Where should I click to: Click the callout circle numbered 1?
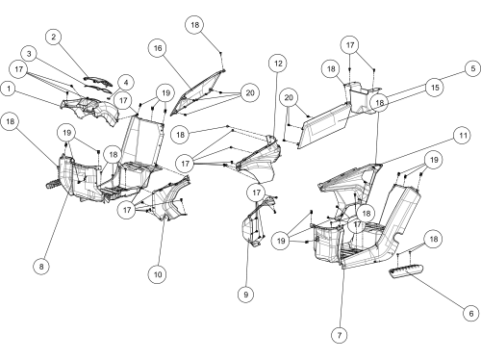pyautogui.click(x=9, y=89)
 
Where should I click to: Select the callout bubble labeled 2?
pyautogui.click(x=54, y=37)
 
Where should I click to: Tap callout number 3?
pyautogui.click(x=29, y=54)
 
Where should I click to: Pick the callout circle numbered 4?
pyautogui.click(x=126, y=83)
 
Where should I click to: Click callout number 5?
pyautogui.click(x=473, y=68)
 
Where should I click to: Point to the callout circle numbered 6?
pyautogui.click(x=471, y=313)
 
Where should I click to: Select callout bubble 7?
pyautogui.click(x=340, y=335)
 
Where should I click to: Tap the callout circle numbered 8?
pyautogui.click(x=41, y=266)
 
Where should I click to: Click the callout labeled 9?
pyautogui.click(x=246, y=295)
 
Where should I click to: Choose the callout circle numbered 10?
pyautogui.click(x=158, y=274)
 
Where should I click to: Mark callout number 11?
pyautogui.click(x=463, y=136)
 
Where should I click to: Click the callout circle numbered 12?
pyautogui.click(x=278, y=64)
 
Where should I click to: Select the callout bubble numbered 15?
pyautogui.click(x=435, y=88)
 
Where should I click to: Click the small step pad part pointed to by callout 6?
pyautogui.click(x=406, y=270)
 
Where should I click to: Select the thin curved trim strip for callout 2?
pyautogui.click(x=98, y=81)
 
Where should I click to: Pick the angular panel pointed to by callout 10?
pyautogui.click(x=170, y=199)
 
